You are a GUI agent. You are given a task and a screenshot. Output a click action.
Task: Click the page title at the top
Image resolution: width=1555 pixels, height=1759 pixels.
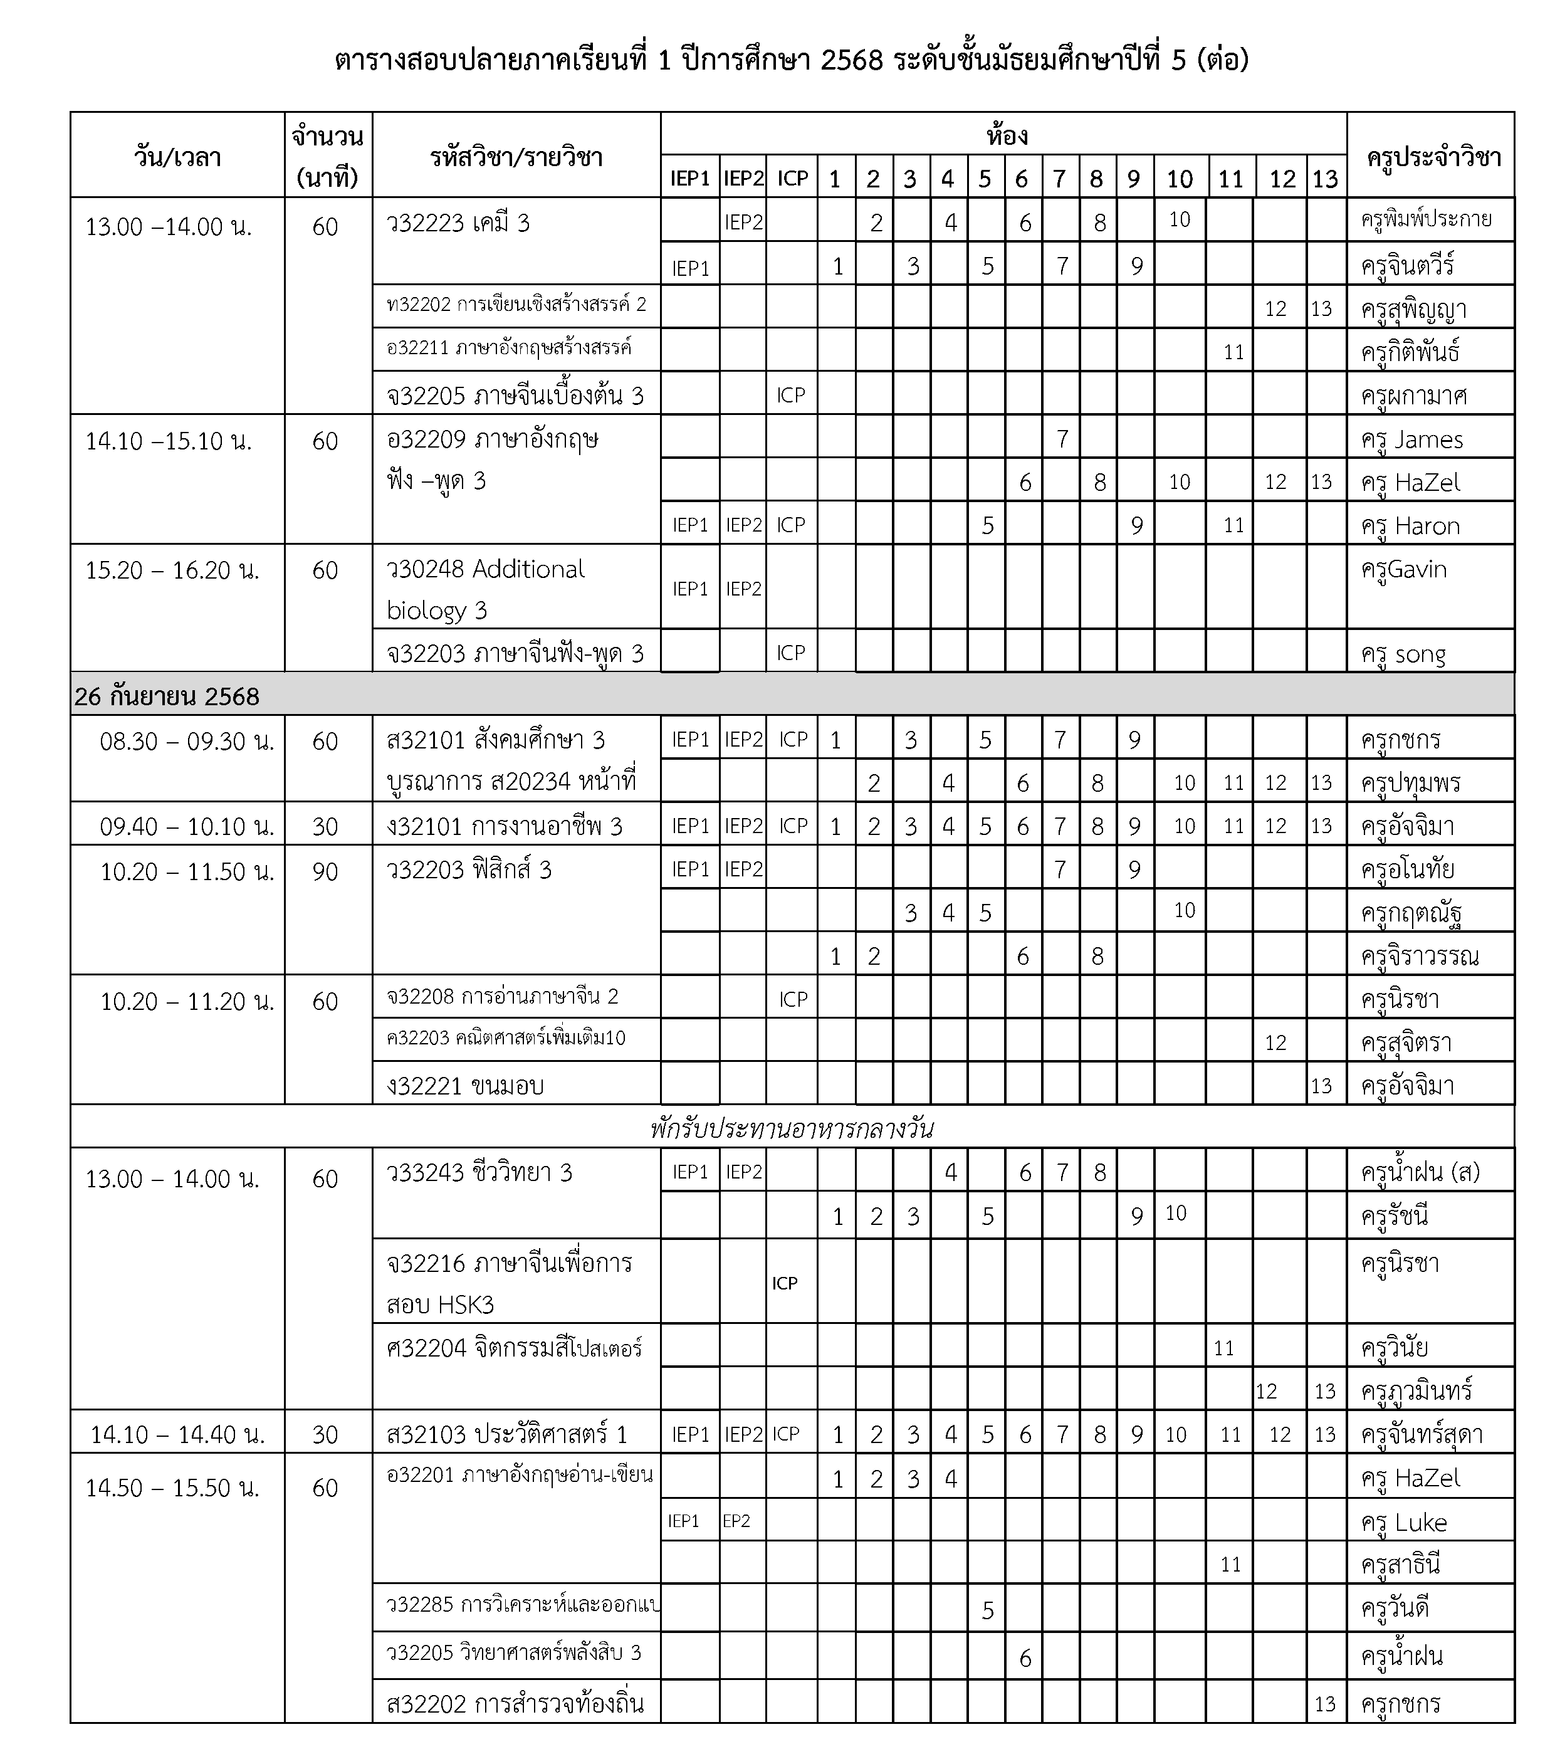click(791, 61)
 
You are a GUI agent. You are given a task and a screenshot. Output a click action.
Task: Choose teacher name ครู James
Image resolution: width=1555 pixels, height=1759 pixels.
click(1411, 440)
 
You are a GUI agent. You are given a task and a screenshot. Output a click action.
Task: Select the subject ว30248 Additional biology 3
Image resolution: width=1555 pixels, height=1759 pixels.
click(486, 589)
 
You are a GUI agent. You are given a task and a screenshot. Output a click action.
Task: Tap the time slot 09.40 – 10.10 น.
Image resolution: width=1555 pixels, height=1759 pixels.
click(186, 827)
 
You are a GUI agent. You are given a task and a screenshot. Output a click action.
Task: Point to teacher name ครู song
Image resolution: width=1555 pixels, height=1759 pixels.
click(1403, 654)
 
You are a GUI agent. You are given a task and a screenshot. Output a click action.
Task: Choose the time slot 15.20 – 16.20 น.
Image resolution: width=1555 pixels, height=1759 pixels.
click(172, 570)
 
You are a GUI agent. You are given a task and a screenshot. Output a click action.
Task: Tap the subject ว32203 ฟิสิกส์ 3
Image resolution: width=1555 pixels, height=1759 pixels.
click(469, 870)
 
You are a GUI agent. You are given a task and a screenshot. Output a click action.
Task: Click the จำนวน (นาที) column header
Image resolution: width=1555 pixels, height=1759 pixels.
click(327, 157)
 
